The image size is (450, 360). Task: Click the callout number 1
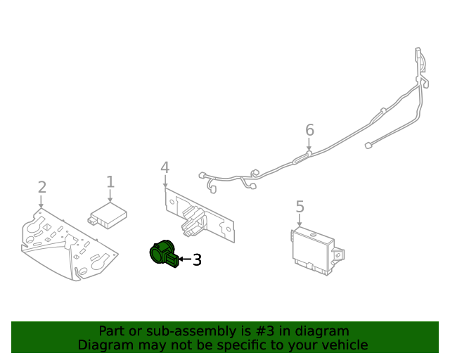110,182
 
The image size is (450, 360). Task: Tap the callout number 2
41,187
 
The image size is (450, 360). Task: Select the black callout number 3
197,260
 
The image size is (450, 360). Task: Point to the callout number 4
165,167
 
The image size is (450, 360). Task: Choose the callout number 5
300,207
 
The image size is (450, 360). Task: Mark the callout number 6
309,130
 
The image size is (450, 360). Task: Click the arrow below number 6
309,145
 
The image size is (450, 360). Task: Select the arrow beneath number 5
300,220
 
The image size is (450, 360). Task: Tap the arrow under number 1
110,198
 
